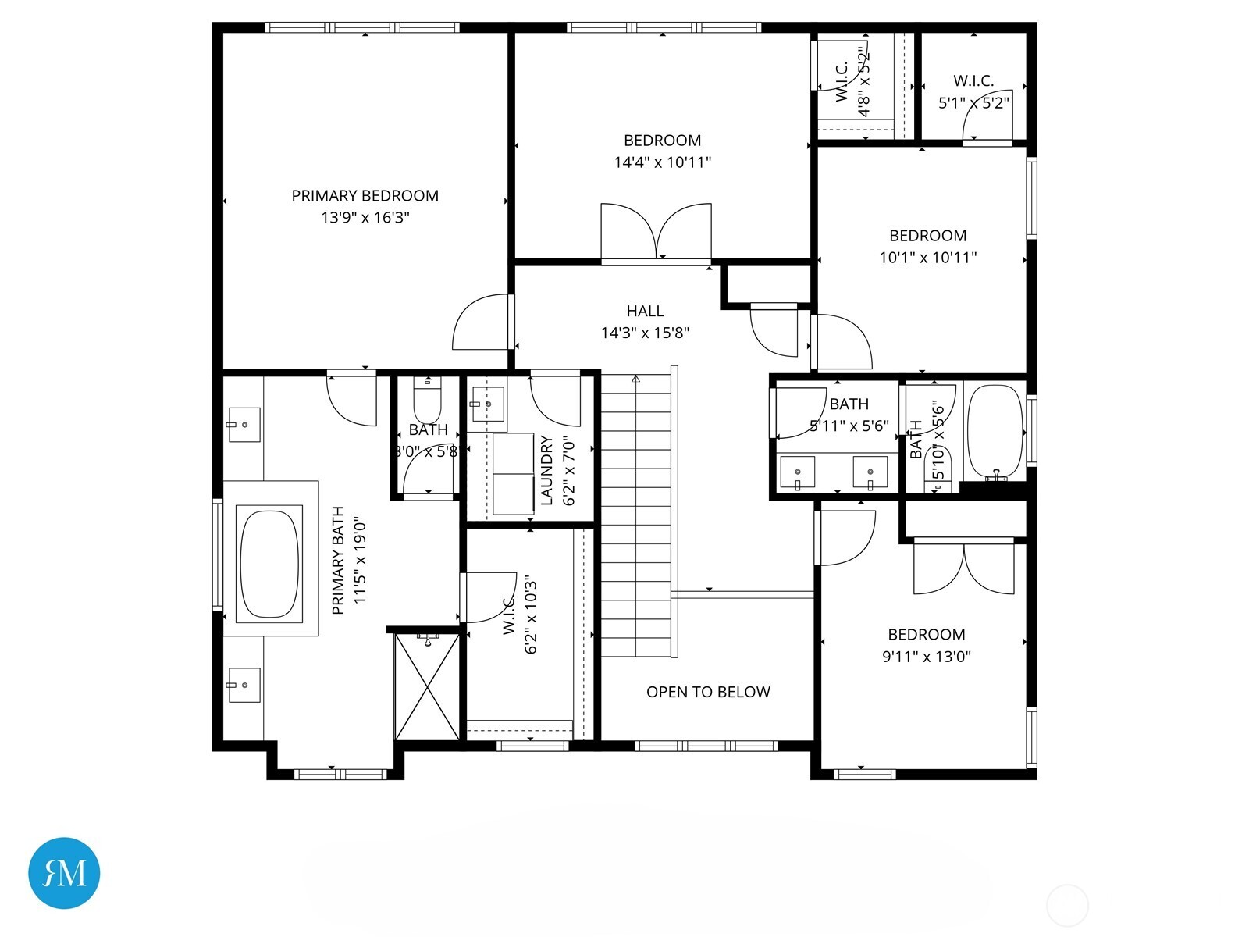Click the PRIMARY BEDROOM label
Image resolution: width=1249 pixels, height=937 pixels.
365,196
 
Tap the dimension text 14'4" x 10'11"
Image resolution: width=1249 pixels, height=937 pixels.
662,162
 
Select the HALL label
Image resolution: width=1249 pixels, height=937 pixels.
645,311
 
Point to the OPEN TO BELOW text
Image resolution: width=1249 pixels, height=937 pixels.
708,692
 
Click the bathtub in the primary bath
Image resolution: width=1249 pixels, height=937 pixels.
270,564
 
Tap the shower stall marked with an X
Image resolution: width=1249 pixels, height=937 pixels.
427,686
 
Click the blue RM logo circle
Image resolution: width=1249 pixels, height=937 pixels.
64,873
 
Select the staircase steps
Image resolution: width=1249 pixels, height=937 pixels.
635,515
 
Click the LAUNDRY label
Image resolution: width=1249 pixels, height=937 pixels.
546,470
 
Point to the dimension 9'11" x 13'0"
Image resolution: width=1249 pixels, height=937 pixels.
927,657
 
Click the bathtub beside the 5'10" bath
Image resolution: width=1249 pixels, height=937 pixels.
995,431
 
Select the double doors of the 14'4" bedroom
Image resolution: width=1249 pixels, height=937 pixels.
657,232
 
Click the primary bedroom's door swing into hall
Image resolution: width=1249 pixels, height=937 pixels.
481,322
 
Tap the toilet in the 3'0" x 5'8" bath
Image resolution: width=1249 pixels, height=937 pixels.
427,402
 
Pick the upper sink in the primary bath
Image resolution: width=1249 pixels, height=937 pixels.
244,424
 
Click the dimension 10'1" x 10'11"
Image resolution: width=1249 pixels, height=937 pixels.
928,258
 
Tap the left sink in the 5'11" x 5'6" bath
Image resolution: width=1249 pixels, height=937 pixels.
798,472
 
